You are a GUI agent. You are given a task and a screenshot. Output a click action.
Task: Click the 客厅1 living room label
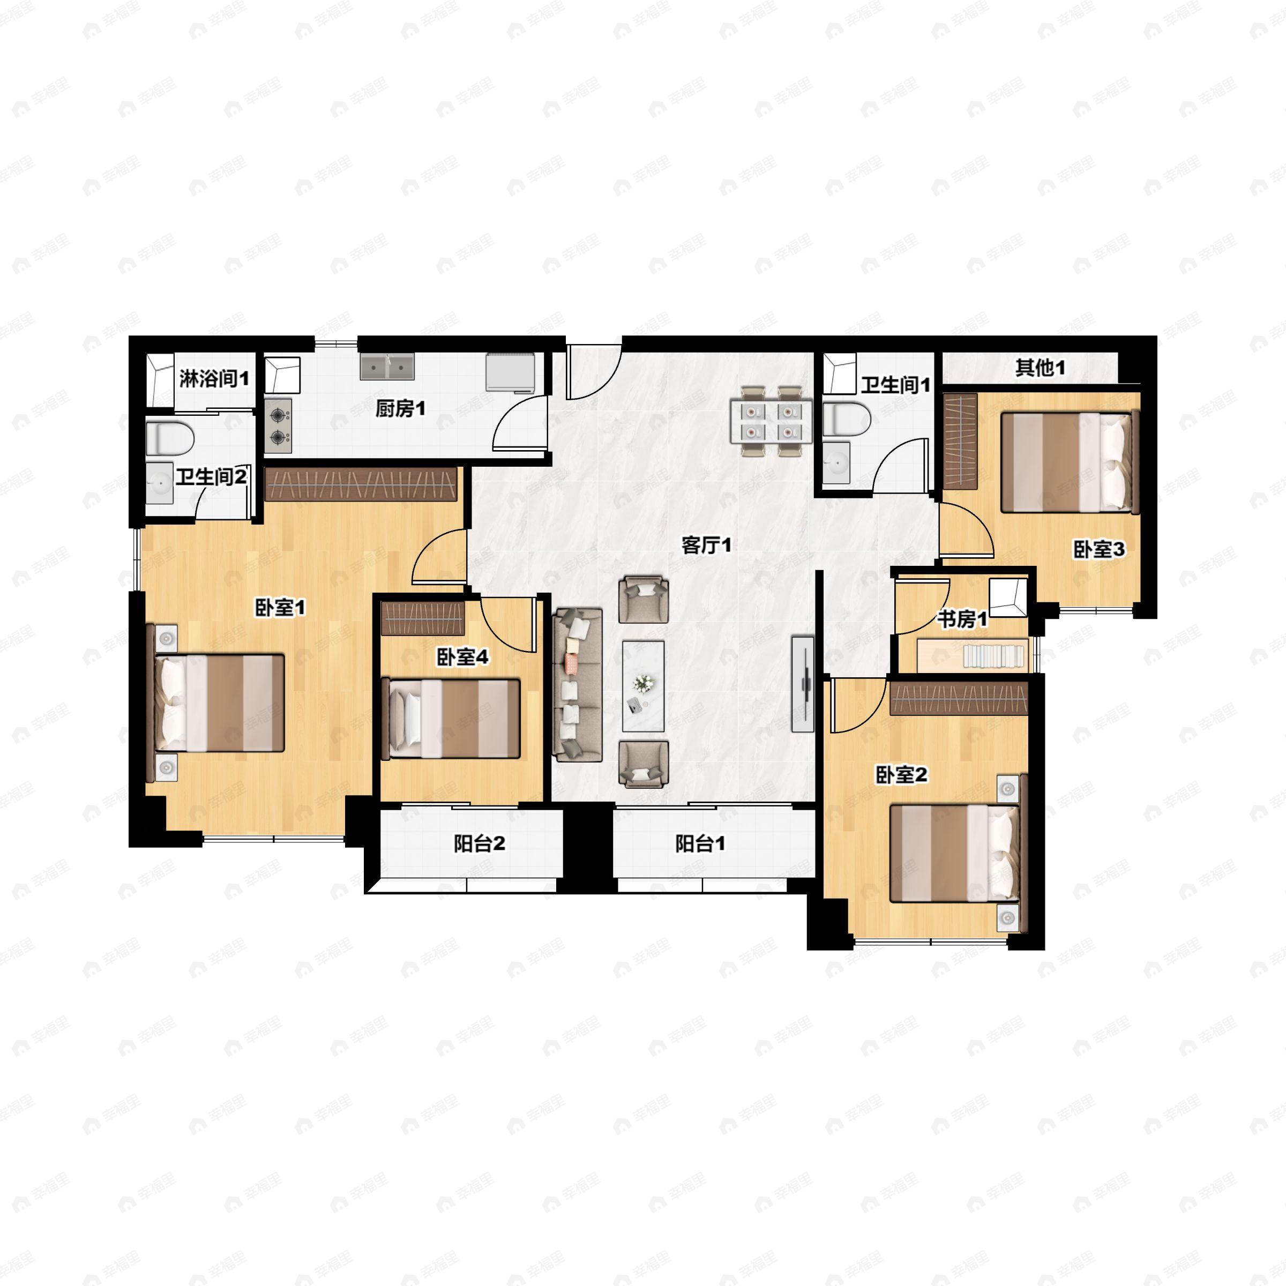click(x=706, y=545)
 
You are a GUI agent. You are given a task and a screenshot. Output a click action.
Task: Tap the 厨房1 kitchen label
click(x=400, y=409)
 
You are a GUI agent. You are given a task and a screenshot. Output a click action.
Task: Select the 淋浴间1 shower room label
click(x=214, y=379)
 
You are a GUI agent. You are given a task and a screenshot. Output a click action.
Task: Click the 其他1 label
click(x=1040, y=368)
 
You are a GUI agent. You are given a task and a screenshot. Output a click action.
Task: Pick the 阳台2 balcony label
click(x=479, y=843)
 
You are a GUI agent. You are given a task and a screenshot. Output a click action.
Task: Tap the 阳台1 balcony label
click(x=700, y=843)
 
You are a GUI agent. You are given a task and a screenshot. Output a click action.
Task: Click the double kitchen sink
click(x=387, y=367)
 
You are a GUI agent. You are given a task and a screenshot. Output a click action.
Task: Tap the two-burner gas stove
click(x=278, y=426)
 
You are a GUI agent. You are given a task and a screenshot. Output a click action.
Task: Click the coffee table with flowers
click(x=643, y=686)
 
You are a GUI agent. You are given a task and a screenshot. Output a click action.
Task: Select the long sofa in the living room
click(x=577, y=684)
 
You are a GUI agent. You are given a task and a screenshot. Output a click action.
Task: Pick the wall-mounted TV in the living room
click(x=803, y=684)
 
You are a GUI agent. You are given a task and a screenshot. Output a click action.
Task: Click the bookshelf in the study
click(x=973, y=656)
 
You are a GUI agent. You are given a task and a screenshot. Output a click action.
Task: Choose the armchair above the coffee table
click(x=644, y=600)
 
